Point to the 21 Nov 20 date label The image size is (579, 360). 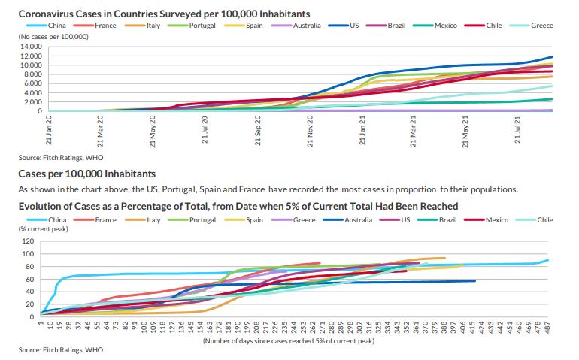[311, 130]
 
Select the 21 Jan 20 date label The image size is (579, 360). [48, 130]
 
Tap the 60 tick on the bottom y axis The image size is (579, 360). [31, 279]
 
